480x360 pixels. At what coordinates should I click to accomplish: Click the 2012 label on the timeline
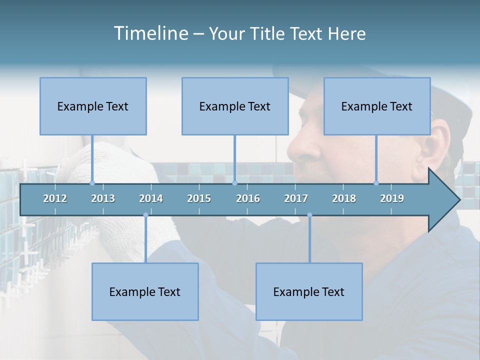pos(55,198)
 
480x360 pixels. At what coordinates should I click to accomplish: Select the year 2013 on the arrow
pos(103,198)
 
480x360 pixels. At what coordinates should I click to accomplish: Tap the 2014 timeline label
pos(151,198)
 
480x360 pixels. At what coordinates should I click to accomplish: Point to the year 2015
pos(199,198)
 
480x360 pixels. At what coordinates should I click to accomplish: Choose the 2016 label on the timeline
pos(248,198)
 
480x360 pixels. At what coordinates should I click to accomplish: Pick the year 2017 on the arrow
pos(296,198)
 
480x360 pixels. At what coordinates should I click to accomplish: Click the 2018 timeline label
pos(344,198)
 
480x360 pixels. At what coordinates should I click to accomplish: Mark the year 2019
pos(392,198)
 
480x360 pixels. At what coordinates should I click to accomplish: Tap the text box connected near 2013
pos(93,106)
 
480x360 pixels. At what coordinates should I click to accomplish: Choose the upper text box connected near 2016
pos(235,106)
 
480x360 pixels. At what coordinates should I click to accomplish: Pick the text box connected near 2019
pos(377,106)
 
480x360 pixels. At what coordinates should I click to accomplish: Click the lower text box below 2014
pos(145,291)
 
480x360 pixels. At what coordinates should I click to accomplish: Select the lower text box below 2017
pos(309,291)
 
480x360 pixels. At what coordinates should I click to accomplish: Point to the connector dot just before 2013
pos(92,183)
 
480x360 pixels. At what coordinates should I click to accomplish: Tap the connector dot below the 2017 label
pos(309,215)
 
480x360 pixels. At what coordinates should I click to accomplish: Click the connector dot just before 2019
pos(376,183)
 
